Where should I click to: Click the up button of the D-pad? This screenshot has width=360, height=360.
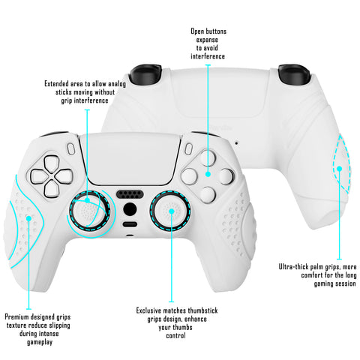[x=52, y=163]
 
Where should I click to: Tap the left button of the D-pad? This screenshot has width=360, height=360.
[x=39, y=176]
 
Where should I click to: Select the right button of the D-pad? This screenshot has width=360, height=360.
[x=64, y=177]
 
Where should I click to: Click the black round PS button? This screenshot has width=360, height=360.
[x=130, y=209]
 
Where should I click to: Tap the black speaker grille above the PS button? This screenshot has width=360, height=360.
[x=130, y=194]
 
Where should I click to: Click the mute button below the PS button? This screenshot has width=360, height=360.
[x=130, y=224]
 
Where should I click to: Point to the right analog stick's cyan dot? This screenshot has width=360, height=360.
[x=172, y=211]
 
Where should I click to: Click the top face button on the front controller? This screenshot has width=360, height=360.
[x=208, y=157]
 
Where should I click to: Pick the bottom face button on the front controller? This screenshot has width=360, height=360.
[x=208, y=194]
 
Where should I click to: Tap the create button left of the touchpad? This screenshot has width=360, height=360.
[x=71, y=149]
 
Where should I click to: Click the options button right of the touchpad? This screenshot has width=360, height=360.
[x=188, y=149]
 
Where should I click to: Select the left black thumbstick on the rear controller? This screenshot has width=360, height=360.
[x=145, y=73]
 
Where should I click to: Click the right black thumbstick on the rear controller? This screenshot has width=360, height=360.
[x=294, y=74]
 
